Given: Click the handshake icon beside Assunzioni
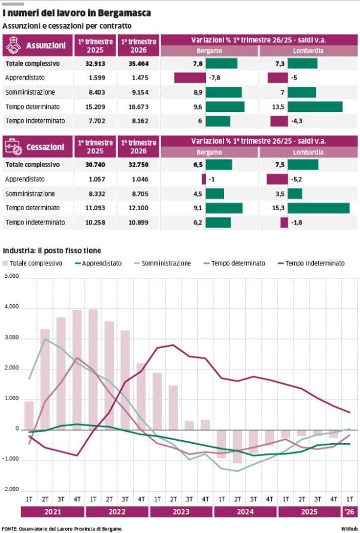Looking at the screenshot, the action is pyautogui.click(x=14, y=45).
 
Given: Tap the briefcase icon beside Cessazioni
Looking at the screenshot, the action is pyautogui.click(x=14, y=147).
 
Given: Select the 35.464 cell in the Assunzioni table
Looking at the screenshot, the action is pyautogui.click(x=138, y=63).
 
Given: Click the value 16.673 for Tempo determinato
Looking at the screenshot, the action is pyautogui.click(x=138, y=107).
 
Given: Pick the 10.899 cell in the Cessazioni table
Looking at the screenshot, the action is pyautogui.click(x=138, y=222).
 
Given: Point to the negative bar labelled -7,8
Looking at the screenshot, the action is pyautogui.click(x=190, y=78).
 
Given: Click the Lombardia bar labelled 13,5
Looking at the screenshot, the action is pyautogui.click(x=315, y=107).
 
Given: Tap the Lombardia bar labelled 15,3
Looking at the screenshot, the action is pyautogui.click(x=319, y=208).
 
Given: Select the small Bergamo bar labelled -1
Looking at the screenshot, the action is pyautogui.click(x=204, y=179).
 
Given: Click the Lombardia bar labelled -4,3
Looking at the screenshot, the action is pyautogui.click(x=279, y=122).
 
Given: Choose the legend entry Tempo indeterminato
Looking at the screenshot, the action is pyautogui.click(x=311, y=264).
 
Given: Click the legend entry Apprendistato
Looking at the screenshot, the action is pyautogui.click(x=98, y=264).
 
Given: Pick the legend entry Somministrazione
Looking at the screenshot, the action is pyautogui.click(x=162, y=264).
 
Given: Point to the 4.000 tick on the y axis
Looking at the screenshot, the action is pyautogui.click(x=11, y=307).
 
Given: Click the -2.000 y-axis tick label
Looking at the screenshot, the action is pyautogui.click(x=11, y=489).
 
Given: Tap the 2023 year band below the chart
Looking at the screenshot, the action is pyautogui.click(x=181, y=511).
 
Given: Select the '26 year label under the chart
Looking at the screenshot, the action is pyautogui.click(x=349, y=511).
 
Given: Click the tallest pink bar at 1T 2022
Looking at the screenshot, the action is pyautogui.click(x=93, y=370).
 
